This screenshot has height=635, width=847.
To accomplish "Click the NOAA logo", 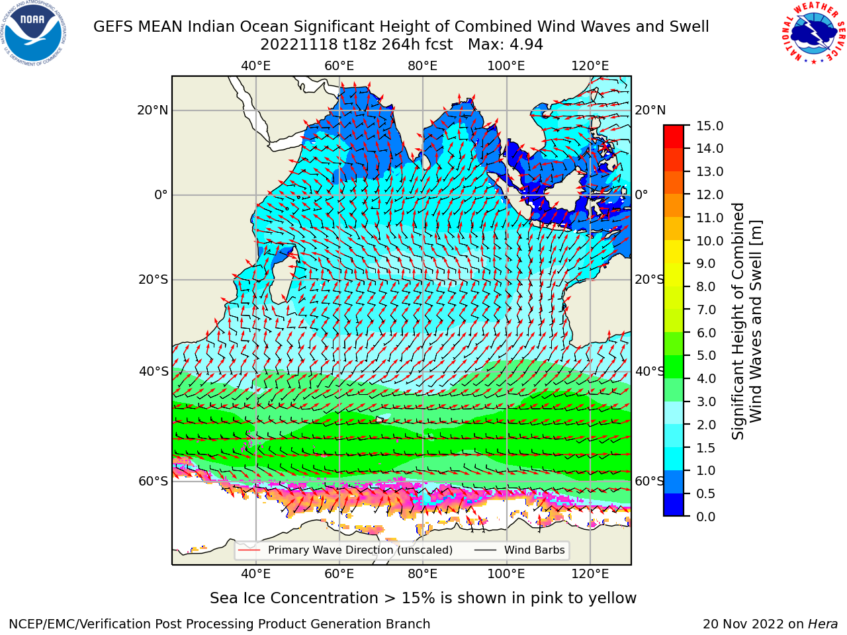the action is coord(34,33).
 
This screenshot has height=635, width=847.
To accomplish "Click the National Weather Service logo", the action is coord(813,33).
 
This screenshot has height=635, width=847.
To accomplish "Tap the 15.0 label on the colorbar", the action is coord(709,126).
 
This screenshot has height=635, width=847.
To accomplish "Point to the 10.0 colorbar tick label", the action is coord(709,241).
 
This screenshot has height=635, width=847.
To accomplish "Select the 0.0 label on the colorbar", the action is coord(706,517).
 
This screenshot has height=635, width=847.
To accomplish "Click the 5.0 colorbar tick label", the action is coord(706,355).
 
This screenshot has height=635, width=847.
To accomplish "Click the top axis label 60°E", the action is coord(339,66).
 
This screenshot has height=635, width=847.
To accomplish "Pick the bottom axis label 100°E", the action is coord(506,574).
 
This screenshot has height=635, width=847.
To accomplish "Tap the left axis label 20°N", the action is coord(153,110).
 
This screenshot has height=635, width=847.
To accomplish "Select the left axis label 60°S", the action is coord(154,481).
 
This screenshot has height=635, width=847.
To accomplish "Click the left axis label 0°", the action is coord(161,194).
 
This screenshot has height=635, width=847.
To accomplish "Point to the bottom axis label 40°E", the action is coord(256,574).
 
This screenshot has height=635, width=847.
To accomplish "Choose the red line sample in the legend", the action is coord(249,550).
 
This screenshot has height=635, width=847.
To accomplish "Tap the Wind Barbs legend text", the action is coord(535,550).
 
